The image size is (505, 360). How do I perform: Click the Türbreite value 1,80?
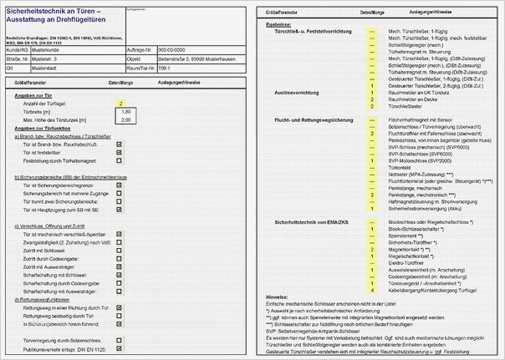point(126,111)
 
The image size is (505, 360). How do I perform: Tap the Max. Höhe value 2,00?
point(126,119)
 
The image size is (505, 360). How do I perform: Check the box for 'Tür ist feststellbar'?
point(120,153)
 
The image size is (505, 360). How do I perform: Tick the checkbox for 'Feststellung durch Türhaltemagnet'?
point(120,160)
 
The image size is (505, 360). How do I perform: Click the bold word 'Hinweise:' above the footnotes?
point(277,297)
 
